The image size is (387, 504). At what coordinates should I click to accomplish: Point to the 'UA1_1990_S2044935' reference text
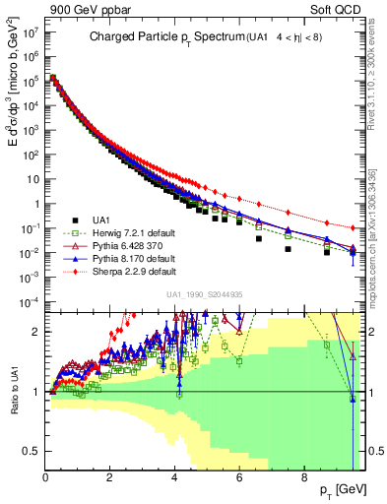pos(205,294)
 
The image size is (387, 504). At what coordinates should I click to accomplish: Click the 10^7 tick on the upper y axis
pos(30,32)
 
